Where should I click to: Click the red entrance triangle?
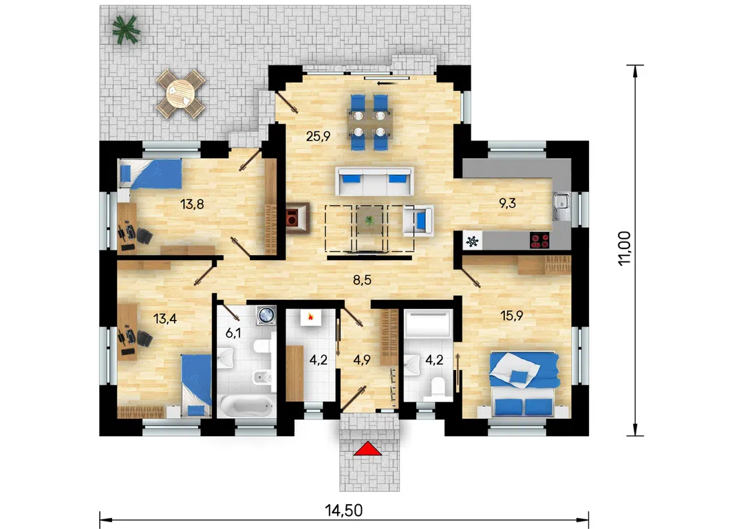coord(367,449)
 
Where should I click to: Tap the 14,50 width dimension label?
coord(343,510)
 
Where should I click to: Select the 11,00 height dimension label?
coord(624,248)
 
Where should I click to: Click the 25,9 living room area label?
coord(318,136)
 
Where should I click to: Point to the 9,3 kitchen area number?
coord(508,204)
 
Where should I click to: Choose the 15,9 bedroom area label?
coord(512,316)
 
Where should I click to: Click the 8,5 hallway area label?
coord(363,280)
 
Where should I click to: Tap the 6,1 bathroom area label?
coord(233,333)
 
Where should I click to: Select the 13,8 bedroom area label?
coord(192,204)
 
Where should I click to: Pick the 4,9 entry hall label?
coord(361,360)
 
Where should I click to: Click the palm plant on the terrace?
coord(126,30)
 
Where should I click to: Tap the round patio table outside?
coord(180,94)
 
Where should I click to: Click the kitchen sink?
coord(562,207)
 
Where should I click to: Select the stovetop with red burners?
coord(540,240)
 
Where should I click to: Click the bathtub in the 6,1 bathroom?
coord(246,406)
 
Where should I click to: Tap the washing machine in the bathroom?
coord(266,315)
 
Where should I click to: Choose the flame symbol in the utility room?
coord(310,317)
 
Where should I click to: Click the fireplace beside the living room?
coord(297,218)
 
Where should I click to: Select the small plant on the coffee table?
coord(369,219)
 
